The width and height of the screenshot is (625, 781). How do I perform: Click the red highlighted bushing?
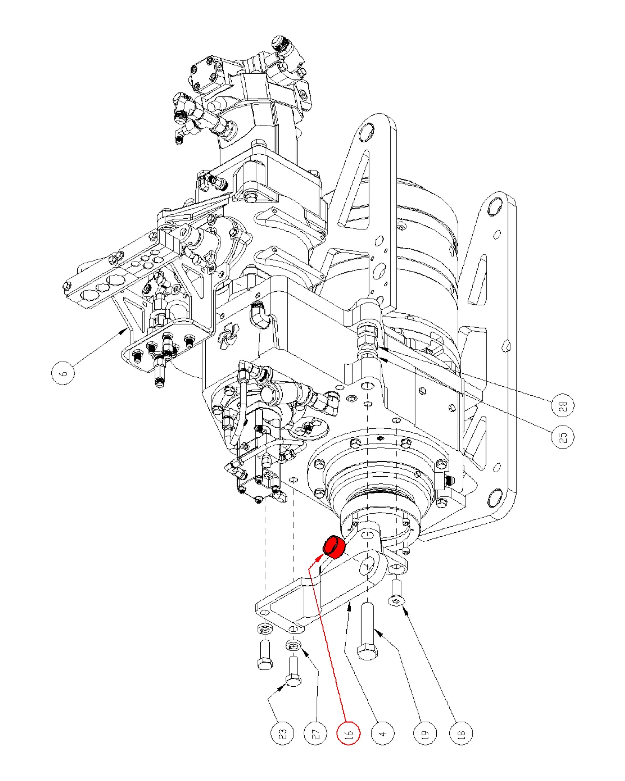334,547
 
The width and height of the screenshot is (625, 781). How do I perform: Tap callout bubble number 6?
63,373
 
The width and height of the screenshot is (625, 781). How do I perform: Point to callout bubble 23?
283,734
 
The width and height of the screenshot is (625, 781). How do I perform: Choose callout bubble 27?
315,734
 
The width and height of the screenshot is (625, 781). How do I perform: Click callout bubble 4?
383,734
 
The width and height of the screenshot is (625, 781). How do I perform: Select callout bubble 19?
425,734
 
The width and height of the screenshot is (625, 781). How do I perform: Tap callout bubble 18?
461,734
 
